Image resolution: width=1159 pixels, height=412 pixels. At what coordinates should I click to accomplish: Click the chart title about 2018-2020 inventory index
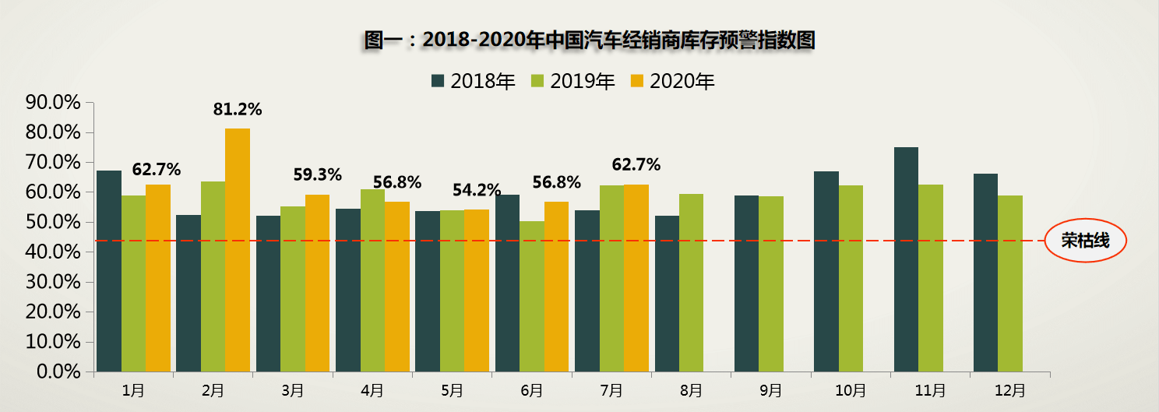click(x=589, y=40)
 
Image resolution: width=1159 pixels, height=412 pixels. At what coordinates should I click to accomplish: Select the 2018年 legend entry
click(x=473, y=81)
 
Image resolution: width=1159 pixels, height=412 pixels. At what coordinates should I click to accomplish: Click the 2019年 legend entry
click(x=572, y=81)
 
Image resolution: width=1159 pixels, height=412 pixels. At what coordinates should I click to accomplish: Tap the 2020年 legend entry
click(x=672, y=81)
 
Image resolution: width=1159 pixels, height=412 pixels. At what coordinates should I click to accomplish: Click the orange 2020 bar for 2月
click(x=238, y=249)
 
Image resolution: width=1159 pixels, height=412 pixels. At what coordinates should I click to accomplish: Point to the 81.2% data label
click(x=238, y=110)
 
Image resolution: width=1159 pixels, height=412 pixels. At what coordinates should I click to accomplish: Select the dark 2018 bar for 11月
click(x=906, y=259)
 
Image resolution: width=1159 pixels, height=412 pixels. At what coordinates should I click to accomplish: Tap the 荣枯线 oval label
click(x=1085, y=241)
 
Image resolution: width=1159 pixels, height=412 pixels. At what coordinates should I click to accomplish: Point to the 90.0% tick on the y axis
click(x=53, y=103)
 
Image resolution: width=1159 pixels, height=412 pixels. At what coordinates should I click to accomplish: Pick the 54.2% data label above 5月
click(x=477, y=190)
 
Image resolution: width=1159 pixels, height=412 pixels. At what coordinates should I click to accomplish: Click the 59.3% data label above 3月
click(x=317, y=175)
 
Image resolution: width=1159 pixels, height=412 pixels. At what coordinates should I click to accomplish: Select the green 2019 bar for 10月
click(x=851, y=278)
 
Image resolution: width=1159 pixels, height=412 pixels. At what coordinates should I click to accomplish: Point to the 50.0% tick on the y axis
click(x=53, y=223)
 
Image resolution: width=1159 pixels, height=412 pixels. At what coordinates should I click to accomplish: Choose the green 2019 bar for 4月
click(x=372, y=280)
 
